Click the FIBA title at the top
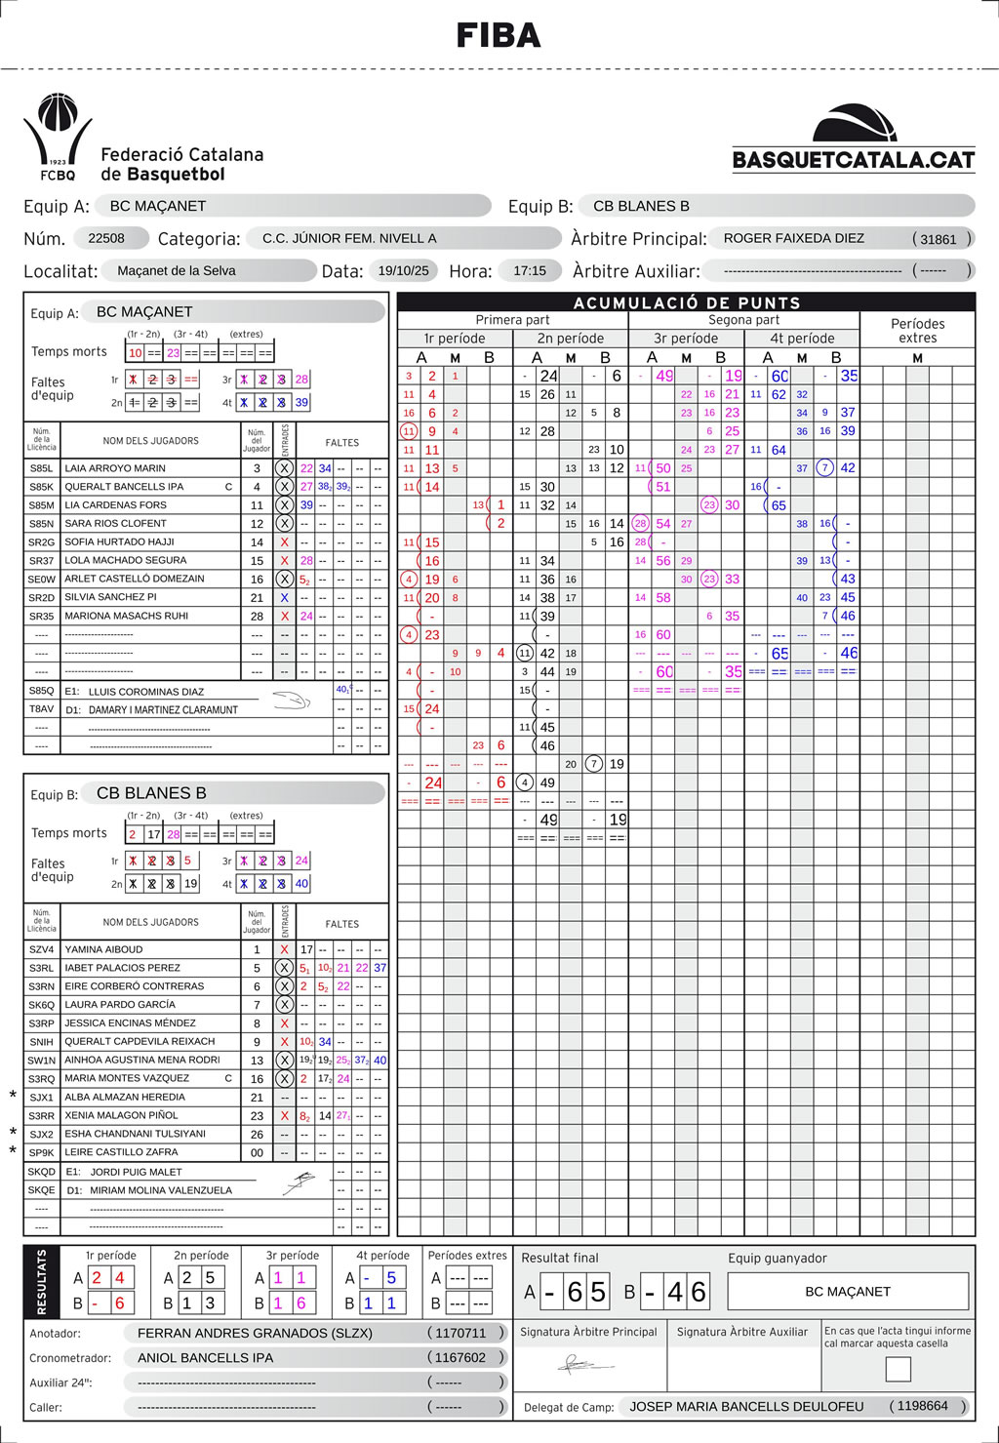(x=499, y=36)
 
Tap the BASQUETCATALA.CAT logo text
(x=854, y=160)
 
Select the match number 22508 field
(x=106, y=238)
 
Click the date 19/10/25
(x=403, y=270)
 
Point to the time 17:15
(x=530, y=270)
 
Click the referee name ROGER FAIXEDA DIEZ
(x=793, y=238)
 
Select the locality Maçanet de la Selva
(x=177, y=270)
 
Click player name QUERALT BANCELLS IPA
(x=124, y=487)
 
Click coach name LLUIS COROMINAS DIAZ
(x=146, y=692)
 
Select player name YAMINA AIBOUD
(x=103, y=949)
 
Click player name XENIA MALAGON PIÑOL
(x=121, y=1115)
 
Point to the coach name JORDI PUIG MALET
(x=136, y=1172)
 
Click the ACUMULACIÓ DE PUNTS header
(x=686, y=302)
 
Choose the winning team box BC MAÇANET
(x=847, y=1291)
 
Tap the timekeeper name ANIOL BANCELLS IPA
(x=205, y=1357)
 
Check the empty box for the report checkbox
(x=898, y=1369)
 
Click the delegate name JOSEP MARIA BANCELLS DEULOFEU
(x=746, y=1406)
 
